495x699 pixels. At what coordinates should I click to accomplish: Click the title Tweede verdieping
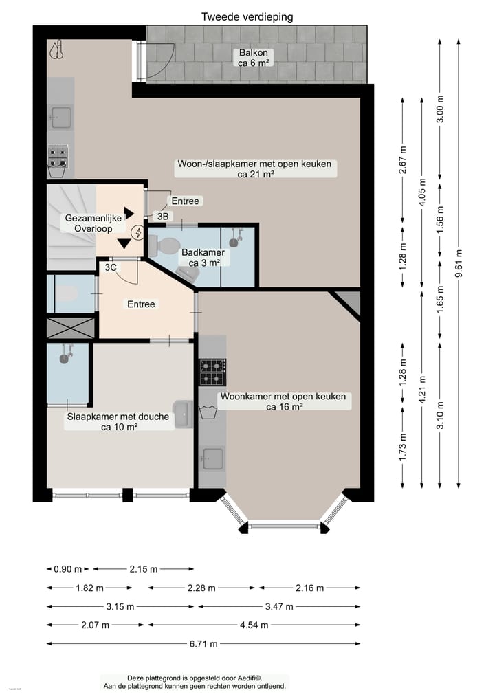click(247, 16)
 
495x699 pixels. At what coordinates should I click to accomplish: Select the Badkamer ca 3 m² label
click(202, 257)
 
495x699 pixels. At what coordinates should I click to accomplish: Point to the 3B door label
click(163, 217)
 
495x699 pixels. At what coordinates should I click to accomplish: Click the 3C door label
click(110, 267)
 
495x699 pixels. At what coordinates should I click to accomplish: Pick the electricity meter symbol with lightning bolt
click(137, 232)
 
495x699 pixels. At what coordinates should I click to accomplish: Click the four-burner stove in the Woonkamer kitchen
click(213, 372)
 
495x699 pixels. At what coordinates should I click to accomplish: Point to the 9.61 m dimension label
click(459, 264)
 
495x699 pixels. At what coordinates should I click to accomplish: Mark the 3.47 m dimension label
click(278, 606)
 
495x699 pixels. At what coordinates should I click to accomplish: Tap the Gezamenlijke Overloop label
click(93, 223)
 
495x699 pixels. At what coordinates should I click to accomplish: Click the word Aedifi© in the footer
click(248, 677)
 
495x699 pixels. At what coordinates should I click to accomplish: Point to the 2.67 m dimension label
click(404, 161)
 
